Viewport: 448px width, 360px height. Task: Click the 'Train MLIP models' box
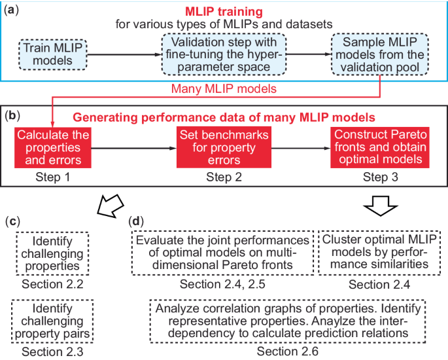(48, 55)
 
